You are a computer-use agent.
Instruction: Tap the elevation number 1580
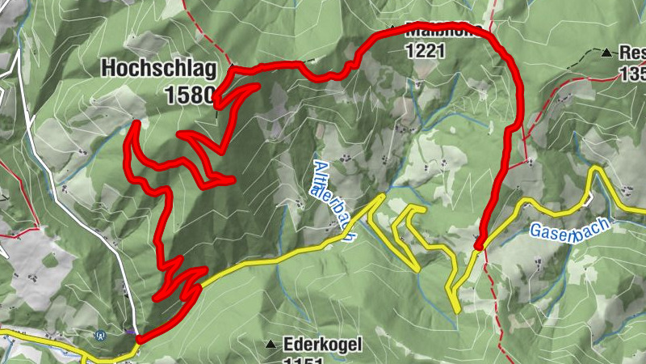pos(188,95)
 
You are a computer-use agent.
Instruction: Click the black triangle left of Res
pos(606,53)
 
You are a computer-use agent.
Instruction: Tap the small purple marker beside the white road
pos(130,331)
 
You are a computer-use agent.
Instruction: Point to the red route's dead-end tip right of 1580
pos(258,85)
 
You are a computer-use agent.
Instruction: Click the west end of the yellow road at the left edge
pos(4,334)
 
